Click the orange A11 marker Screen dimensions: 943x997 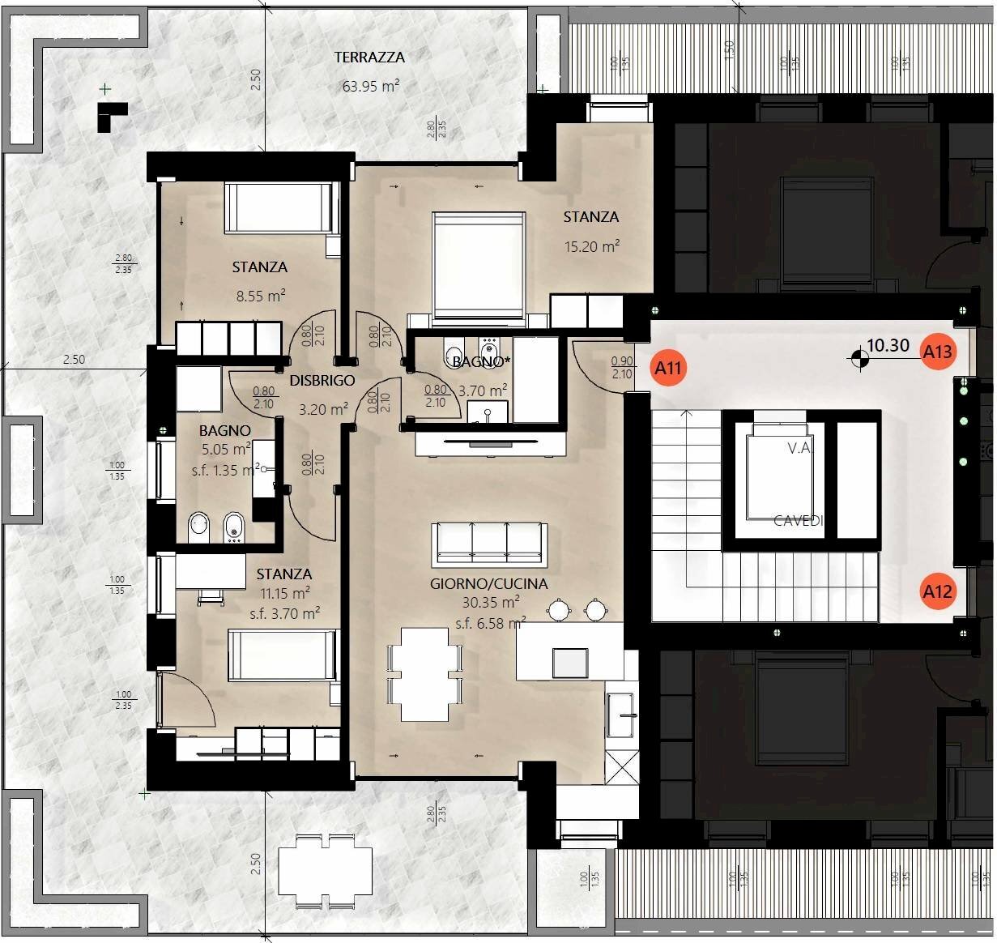pyautogui.click(x=668, y=369)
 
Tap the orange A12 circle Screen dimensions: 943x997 pyautogui.click(x=937, y=591)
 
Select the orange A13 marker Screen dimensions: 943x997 pyautogui.click(x=937, y=351)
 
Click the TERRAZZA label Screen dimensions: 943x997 pyautogui.click(x=369, y=58)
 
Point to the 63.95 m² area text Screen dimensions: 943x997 pyautogui.click(x=370, y=86)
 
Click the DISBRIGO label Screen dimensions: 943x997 pyautogui.click(x=322, y=380)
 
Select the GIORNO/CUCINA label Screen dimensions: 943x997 pyautogui.click(x=488, y=583)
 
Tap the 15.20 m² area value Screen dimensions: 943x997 pyautogui.click(x=592, y=246)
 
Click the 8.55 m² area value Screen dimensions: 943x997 pyautogui.click(x=260, y=296)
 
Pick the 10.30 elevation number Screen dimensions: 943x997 pyautogui.click(x=888, y=345)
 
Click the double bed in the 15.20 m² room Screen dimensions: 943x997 pyautogui.click(x=478, y=267)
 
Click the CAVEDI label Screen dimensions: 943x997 pyautogui.click(x=798, y=521)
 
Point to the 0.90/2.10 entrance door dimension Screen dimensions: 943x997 pyautogui.click(x=622, y=369)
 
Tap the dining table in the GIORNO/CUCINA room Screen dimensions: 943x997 pyautogui.click(x=425, y=674)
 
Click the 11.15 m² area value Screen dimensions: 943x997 pyautogui.click(x=283, y=593)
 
